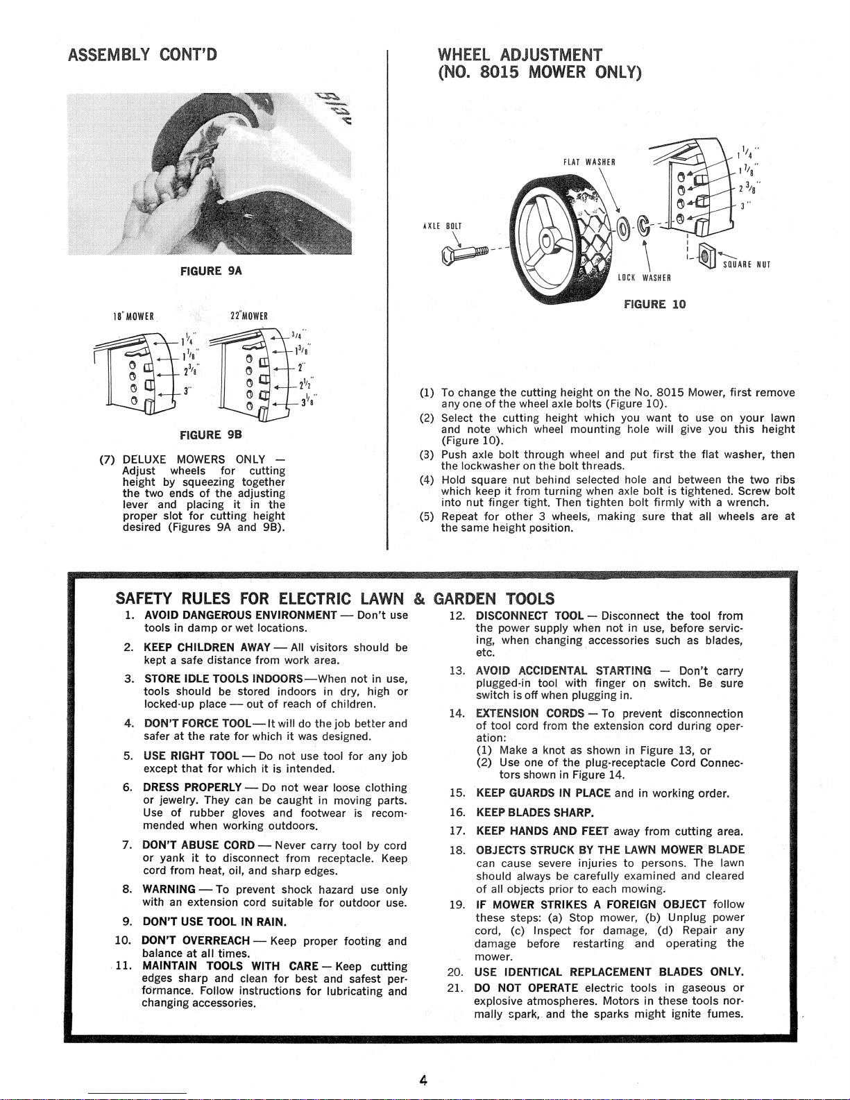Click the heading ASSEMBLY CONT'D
point(143,55)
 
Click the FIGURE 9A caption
point(211,271)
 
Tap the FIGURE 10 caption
point(655,304)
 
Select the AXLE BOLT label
point(442,226)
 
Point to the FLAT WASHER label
point(589,162)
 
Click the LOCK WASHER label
point(644,278)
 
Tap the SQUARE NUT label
point(747,264)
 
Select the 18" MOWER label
point(133,317)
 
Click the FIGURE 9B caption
point(211,435)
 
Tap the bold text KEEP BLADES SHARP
point(535,813)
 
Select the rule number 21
point(455,988)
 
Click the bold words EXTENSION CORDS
point(529,713)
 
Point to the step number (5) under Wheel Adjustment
point(427,516)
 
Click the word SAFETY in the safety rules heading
point(144,598)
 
